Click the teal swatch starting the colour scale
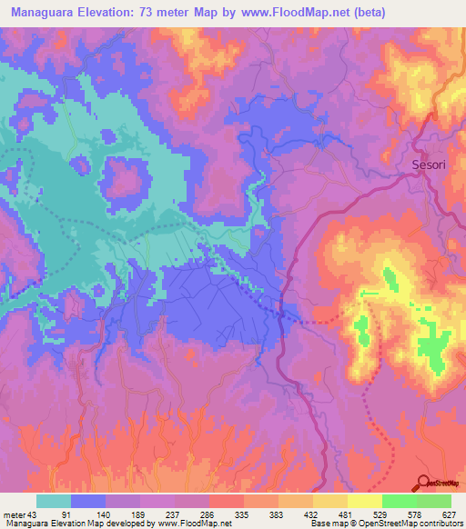[54, 501]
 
